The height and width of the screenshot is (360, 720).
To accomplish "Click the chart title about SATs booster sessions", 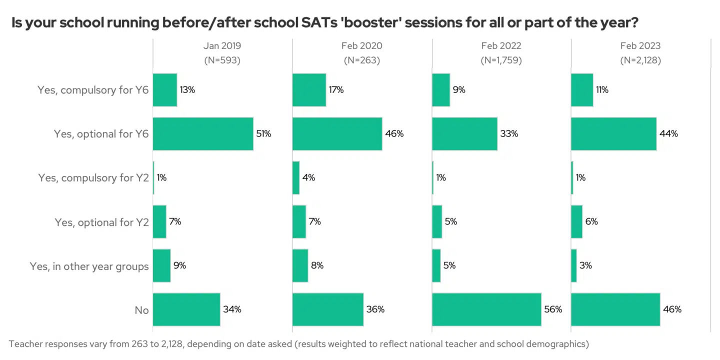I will pos(325,23).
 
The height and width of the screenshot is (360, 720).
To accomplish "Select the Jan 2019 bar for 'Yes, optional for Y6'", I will pos(203,134).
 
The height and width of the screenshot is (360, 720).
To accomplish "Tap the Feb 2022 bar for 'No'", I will pos(486,309).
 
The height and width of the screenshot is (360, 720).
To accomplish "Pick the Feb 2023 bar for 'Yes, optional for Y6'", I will pos(613,134).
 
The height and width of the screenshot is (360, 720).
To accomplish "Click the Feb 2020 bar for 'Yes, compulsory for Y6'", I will pos(309,90).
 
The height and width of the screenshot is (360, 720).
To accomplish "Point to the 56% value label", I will pos(553,309).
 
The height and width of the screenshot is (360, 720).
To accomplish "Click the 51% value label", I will pos(263,134).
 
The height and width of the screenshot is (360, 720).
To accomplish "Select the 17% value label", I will pos(336,90).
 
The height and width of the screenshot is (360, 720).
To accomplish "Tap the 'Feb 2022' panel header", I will pos(501,46).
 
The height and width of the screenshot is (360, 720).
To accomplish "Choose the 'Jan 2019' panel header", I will pos(222,46).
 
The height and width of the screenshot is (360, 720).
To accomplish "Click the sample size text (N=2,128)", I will pos(640,60).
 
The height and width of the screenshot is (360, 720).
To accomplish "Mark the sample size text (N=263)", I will pos(362,60).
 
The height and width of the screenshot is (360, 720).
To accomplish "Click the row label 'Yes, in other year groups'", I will pos(89,266).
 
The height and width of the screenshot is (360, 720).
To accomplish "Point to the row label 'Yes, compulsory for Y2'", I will pos(93,178).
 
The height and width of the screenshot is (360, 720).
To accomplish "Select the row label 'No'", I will pos(141,310).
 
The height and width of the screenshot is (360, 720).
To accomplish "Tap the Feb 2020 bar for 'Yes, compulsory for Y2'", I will pos(296,178).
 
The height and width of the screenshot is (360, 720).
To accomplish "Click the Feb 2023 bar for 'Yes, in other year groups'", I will pos(574,265).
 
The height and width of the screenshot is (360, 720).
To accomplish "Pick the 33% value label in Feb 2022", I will pos(509,134).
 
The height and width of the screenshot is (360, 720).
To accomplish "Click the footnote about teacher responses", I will pos(298,344).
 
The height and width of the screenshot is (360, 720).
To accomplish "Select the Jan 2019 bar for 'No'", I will pos(186,309).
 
